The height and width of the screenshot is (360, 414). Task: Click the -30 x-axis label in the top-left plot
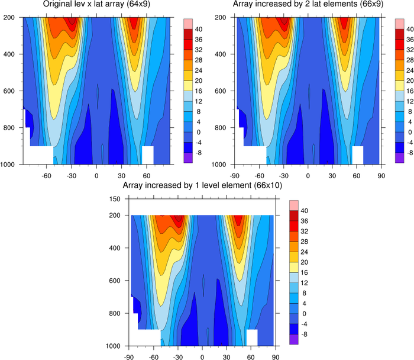coord(72,175)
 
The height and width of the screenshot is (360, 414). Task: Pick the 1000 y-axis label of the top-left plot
coord(12,164)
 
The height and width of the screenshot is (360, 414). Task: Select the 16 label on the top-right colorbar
coord(407,91)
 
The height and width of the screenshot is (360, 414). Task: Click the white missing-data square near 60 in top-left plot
coord(148,155)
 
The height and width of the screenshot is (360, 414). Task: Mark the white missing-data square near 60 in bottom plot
coord(252,337)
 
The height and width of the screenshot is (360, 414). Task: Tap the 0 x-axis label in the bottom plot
coord(203,357)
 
